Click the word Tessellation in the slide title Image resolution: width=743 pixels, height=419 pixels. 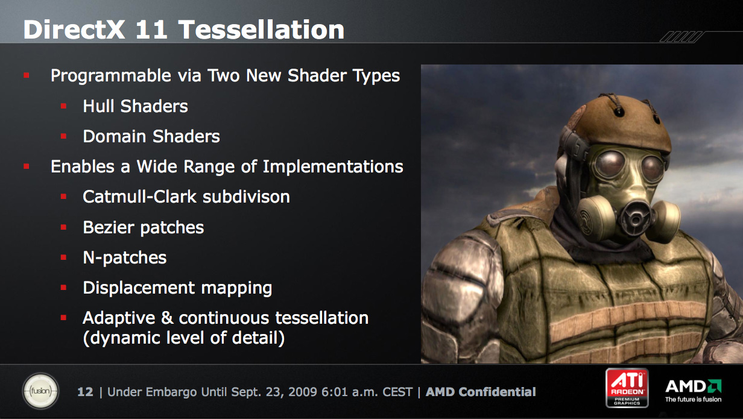pyautogui.click(x=261, y=30)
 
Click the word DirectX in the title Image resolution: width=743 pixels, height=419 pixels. pyautogui.click(x=74, y=30)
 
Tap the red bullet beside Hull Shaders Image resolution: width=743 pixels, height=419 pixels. pyautogui.click(x=64, y=106)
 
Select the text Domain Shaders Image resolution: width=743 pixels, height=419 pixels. pyautogui.click(x=151, y=136)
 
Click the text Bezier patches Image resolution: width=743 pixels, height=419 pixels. pyautogui.click(x=144, y=228)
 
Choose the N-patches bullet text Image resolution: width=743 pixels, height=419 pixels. pyautogui.click(x=125, y=258)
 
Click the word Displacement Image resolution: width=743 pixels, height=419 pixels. pyautogui.click(x=139, y=288)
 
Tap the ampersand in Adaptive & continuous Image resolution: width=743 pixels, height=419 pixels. pyautogui.click(x=167, y=318)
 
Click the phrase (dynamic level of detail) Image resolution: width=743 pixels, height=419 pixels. pyautogui.click(x=184, y=338)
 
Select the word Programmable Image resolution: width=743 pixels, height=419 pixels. pyautogui.click(x=111, y=76)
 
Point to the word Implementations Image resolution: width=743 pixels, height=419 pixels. pyautogui.click(x=333, y=166)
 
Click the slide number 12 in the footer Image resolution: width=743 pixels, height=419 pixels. pyautogui.click(x=85, y=392)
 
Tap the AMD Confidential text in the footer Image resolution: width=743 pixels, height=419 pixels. pyautogui.click(x=481, y=392)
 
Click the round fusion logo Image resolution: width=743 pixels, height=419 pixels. pyautogui.click(x=40, y=391)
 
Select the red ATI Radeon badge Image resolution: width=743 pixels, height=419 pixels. pyautogui.click(x=627, y=388)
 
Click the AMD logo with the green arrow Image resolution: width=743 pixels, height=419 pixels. pyautogui.click(x=694, y=391)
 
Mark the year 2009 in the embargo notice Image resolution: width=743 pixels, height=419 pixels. pyautogui.click(x=303, y=392)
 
